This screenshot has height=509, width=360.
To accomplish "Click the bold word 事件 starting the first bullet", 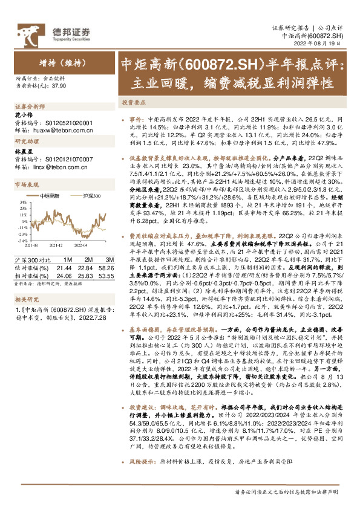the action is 136,120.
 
